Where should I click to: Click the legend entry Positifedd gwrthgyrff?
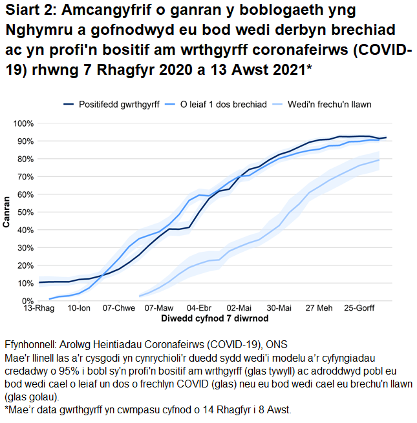pos(119,104)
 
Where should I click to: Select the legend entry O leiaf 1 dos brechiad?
pos(223,104)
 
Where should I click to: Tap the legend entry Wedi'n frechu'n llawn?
pos(329,104)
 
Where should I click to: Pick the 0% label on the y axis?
pos(28,301)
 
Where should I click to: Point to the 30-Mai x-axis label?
pos(279,309)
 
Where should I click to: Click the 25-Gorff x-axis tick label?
pos(358,309)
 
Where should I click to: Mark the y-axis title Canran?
pos(6,212)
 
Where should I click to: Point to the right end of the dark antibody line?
pos(386,138)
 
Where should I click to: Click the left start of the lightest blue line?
pos(140,296)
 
